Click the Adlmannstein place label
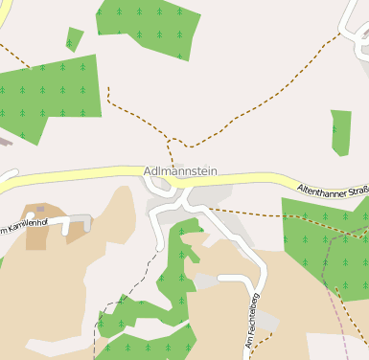(x=180, y=171)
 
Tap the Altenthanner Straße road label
(x=332, y=190)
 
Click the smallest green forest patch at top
(x=74, y=39)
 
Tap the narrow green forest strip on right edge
(x=341, y=132)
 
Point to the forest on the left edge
(x=43, y=96)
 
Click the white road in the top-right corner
(x=353, y=19)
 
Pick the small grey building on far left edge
(x=5, y=141)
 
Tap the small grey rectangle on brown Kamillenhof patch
(x=41, y=208)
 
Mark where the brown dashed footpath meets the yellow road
(x=171, y=165)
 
